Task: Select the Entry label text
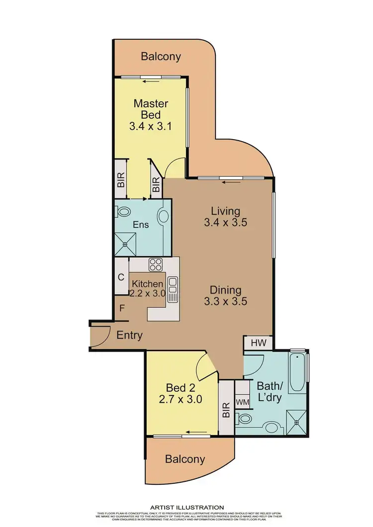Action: (x=129, y=335)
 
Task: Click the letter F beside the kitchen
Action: (x=122, y=308)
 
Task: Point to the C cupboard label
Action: (x=121, y=277)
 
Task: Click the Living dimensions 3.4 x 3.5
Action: (x=225, y=223)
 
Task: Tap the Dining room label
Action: (x=225, y=290)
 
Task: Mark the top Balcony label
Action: (x=161, y=57)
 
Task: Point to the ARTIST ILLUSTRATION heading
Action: (x=187, y=507)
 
